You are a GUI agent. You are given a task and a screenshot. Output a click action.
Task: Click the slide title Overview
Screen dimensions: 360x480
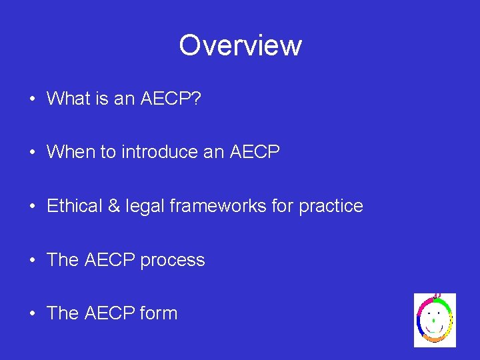click(240, 45)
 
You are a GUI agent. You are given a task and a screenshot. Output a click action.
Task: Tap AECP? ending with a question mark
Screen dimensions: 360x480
click(175, 99)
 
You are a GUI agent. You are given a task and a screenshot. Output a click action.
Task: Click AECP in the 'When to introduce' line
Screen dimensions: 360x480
click(255, 152)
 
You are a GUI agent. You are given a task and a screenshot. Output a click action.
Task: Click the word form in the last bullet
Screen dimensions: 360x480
click(159, 313)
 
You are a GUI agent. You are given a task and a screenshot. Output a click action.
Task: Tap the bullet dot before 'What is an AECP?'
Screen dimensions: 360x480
click(31, 99)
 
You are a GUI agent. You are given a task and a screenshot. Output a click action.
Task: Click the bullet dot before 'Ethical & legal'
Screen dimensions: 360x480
click(31, 207)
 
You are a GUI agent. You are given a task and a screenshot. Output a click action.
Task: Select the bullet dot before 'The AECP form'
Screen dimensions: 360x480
click(31, 314)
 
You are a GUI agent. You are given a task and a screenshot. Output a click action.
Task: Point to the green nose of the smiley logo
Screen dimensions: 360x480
click(434, 320)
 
